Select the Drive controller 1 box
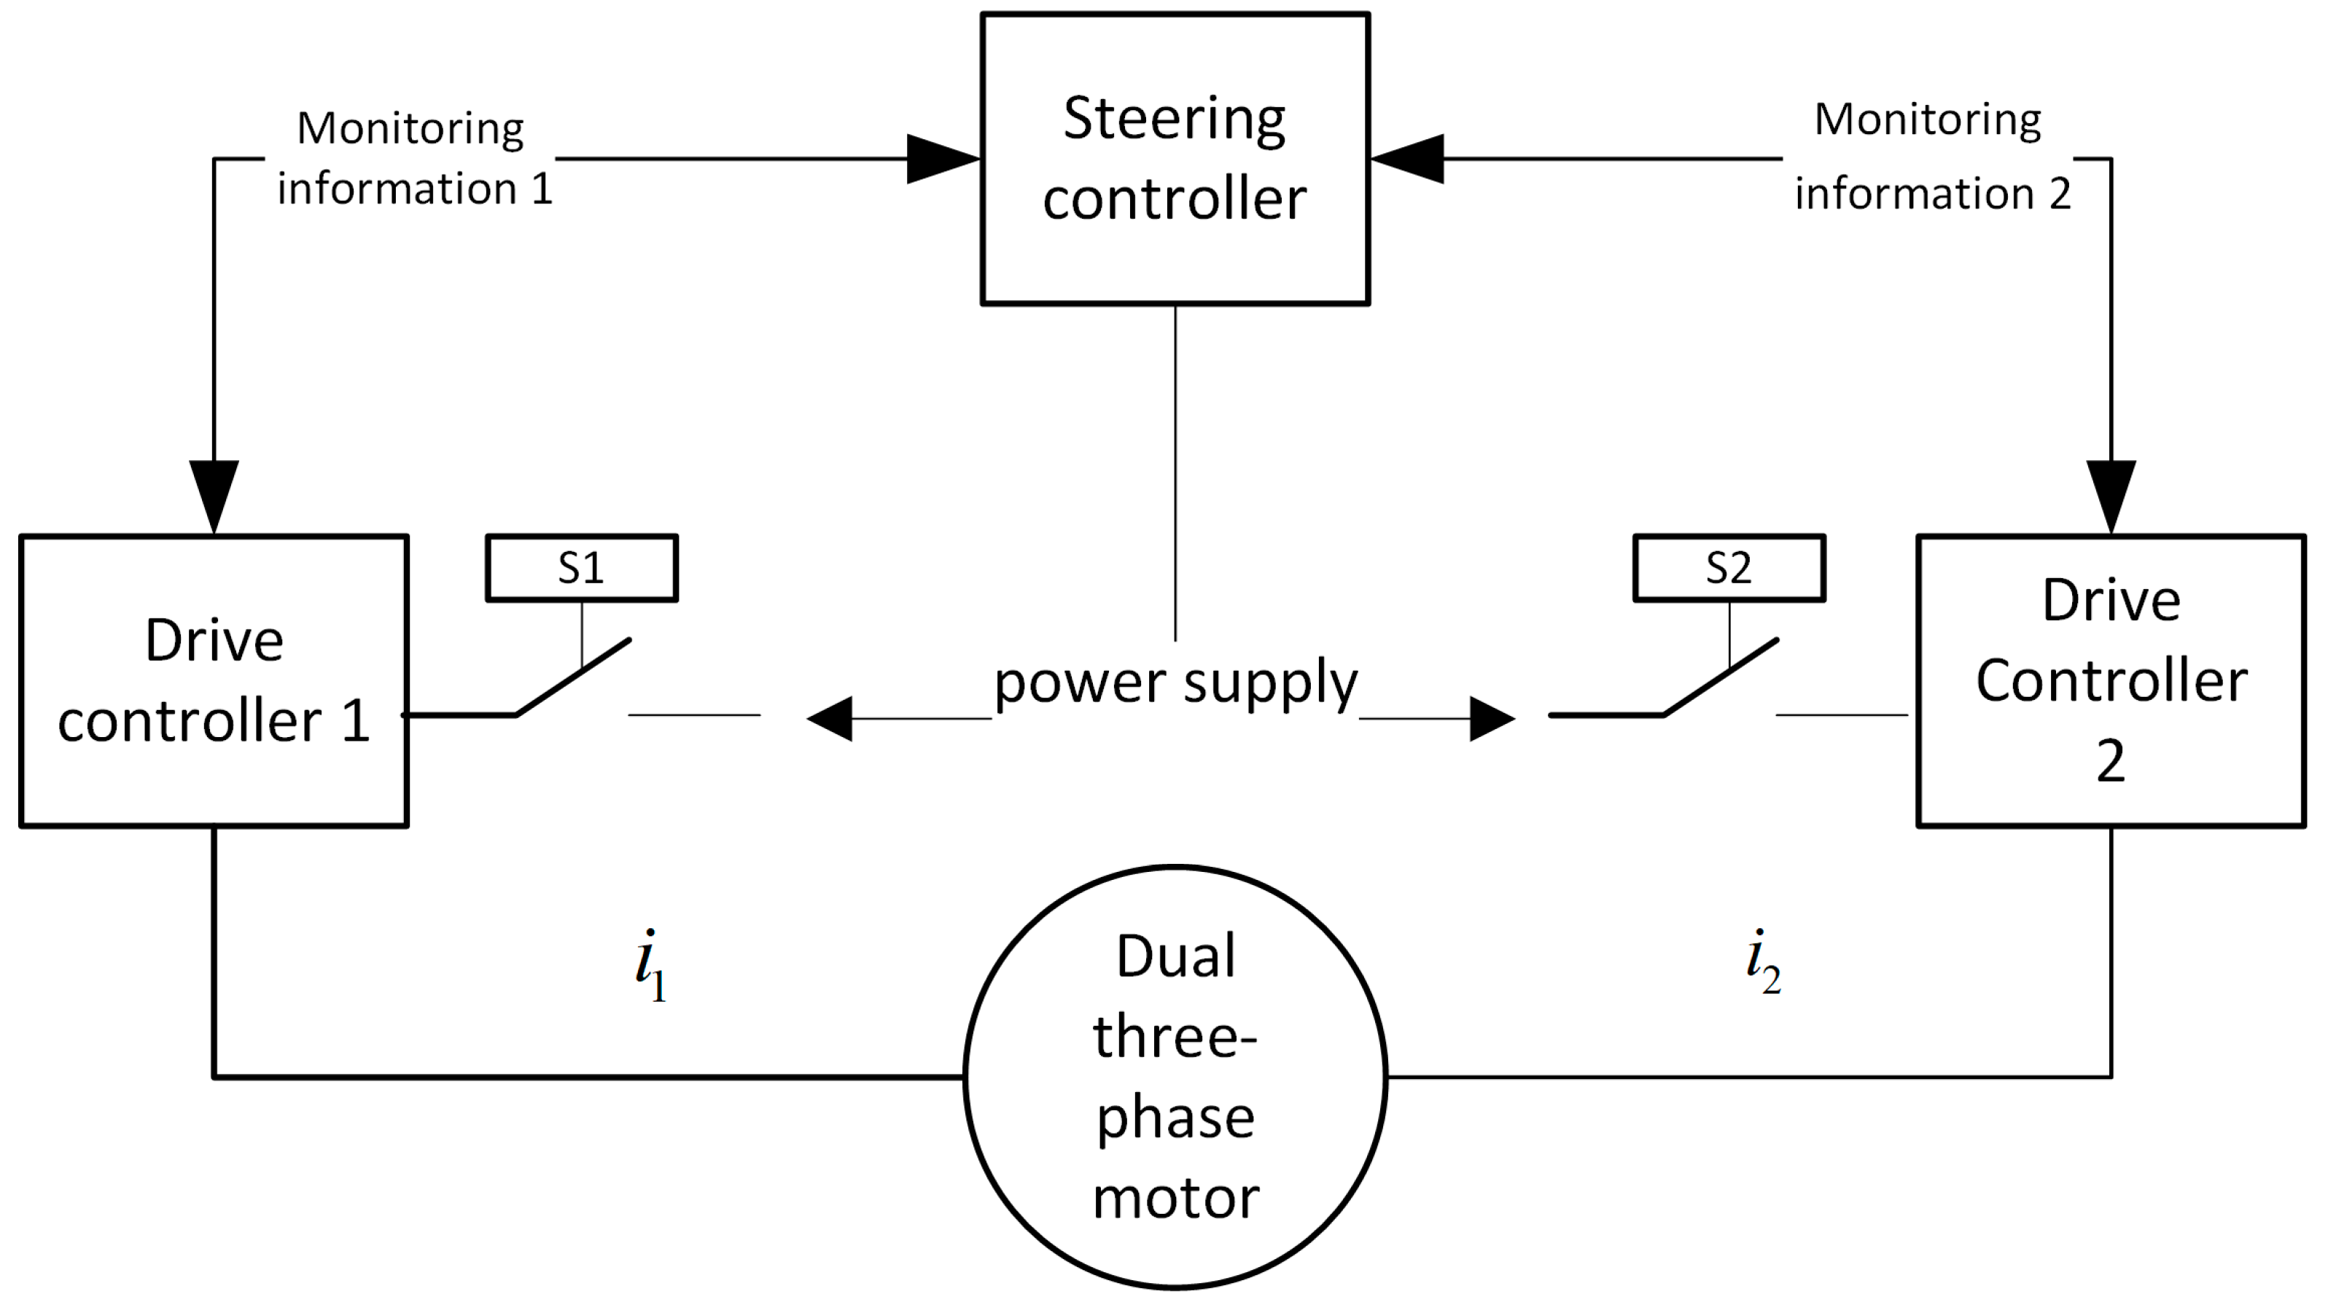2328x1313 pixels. tap(214, 680)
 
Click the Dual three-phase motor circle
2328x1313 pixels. tap(1175, 1077)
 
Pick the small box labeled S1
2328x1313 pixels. tap(581, 567)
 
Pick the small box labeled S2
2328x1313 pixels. tap(1729, 567)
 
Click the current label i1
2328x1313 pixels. tap(650, 965)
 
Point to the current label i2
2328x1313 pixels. tap(1761, 962)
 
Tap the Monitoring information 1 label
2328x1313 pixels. tap(412, 158)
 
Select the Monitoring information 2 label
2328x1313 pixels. tap(1929, 155)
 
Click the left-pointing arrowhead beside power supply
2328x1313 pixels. tap(830, 718)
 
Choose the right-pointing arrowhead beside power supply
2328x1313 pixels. tap(1491, 718)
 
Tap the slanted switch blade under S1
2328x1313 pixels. tap(573, 678)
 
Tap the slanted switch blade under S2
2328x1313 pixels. tap(1721, 678)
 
